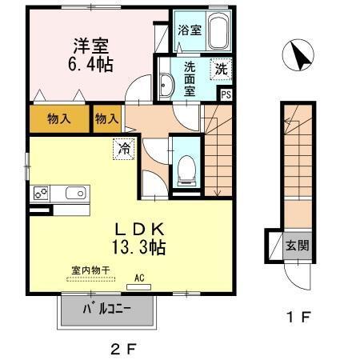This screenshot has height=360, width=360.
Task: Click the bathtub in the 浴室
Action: pos(218,31)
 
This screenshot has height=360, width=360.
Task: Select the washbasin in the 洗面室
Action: pos(166,85)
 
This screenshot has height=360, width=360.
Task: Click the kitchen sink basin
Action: pos(76,193)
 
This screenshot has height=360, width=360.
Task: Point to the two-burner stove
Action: pos(41,193)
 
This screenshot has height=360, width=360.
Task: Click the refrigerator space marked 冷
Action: pos(124,149)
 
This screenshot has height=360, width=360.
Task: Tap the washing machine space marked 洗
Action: pos(221,70)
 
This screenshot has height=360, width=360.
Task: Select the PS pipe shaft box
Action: pos(226,95)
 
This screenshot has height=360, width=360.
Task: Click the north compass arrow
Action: pos(301,56)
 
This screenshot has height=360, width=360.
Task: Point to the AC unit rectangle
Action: pos(138,287)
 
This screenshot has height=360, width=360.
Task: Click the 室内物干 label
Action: pos(90,270)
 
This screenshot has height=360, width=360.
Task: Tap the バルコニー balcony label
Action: pos(107,310)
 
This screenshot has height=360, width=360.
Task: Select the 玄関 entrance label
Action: pos(297,246)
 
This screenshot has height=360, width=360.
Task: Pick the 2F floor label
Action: pos(123,349)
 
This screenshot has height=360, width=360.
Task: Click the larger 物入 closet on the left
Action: pos(59,119)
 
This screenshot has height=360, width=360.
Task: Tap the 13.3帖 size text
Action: pos(138,247)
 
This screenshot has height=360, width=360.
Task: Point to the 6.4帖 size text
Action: pos(90,65)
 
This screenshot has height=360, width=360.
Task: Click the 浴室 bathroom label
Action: pos(190,30)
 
